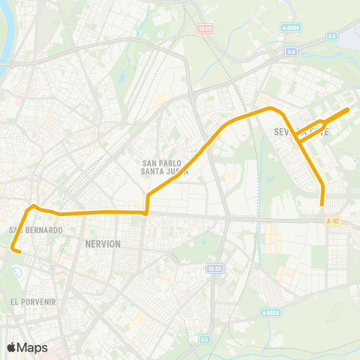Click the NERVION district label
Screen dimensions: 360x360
[103, 244]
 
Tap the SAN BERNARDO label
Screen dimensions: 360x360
[35, 229]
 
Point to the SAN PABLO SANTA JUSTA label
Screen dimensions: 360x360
[165, 166]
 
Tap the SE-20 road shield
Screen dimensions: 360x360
[205, 28]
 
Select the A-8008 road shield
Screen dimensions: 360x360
[293, 28]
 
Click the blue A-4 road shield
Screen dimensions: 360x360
[292, 52]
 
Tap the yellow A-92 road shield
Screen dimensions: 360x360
[334, 220]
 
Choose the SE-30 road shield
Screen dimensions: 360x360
[215, 268]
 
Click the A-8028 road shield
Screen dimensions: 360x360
[271, 312]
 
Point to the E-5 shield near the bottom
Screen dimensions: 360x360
[204, 340]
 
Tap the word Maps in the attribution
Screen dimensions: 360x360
[32, 347]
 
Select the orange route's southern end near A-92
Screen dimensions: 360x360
[322, 204]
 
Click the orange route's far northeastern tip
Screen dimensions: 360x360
[349, 109]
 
